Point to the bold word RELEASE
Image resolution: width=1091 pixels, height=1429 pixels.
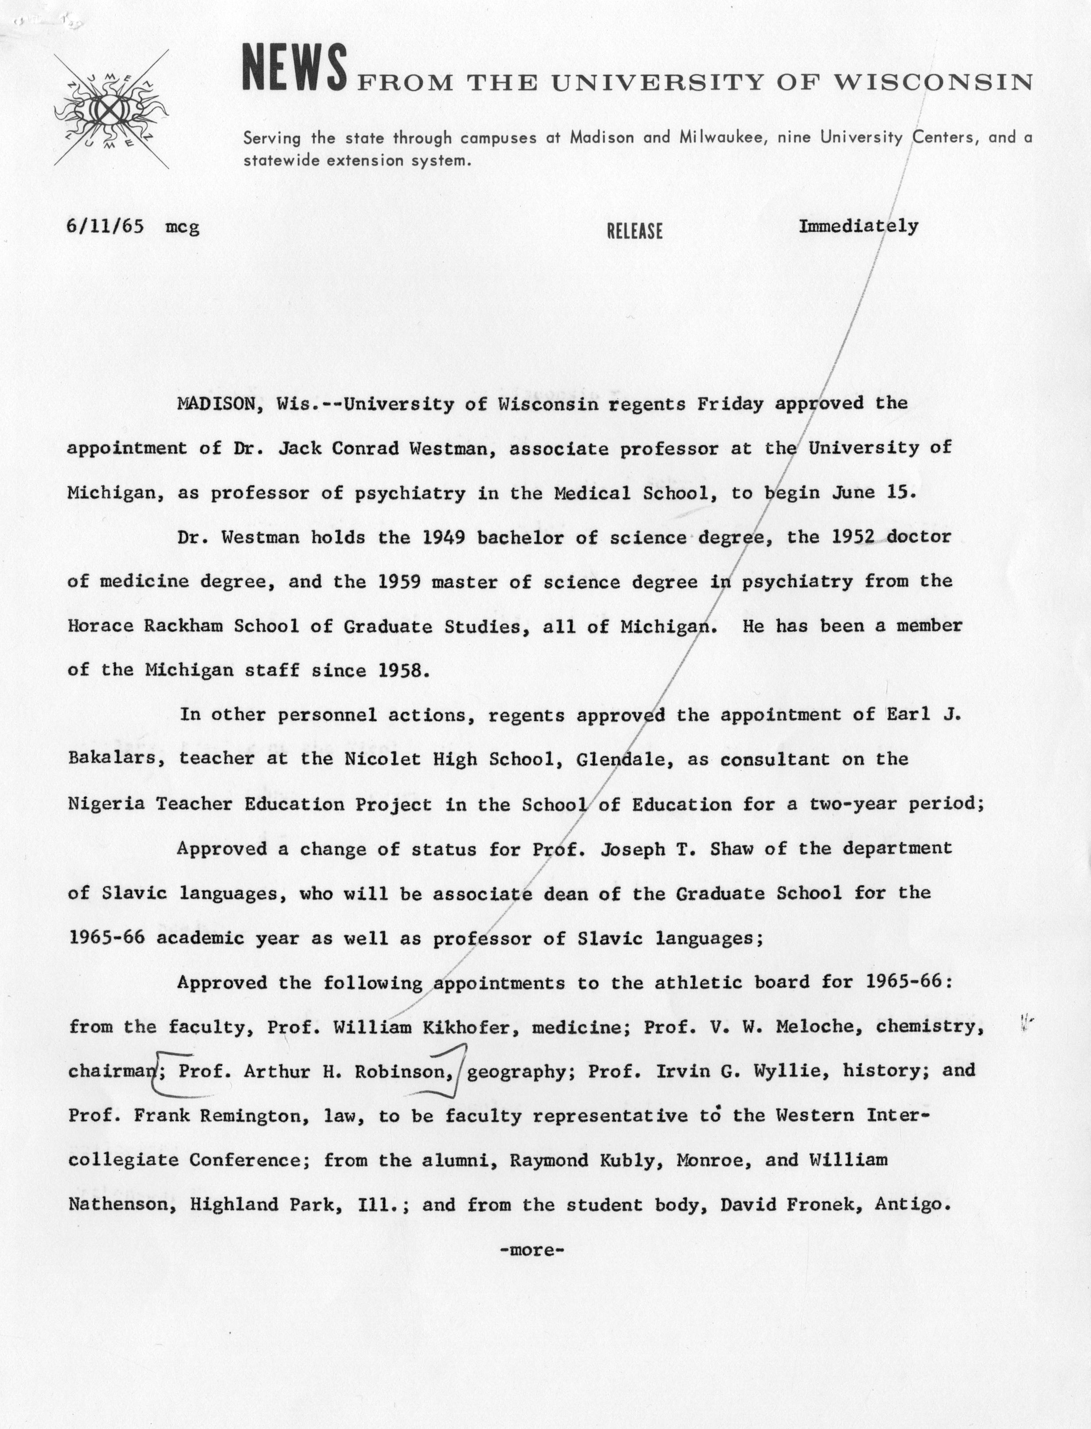[x=634, y=231]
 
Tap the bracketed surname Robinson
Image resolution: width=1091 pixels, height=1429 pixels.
[x=402, y=1071]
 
